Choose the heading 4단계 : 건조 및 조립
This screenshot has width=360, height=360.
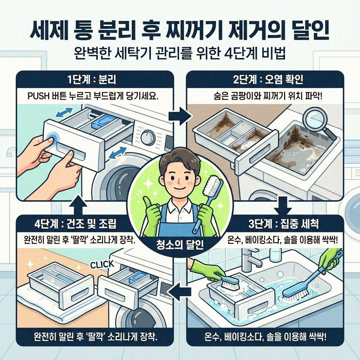click(78, 224)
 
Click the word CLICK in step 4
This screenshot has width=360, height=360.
click(102, 264)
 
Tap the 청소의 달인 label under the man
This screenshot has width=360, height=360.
click(180, 245)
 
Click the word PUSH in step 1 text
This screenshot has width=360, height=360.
click(37, 96)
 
